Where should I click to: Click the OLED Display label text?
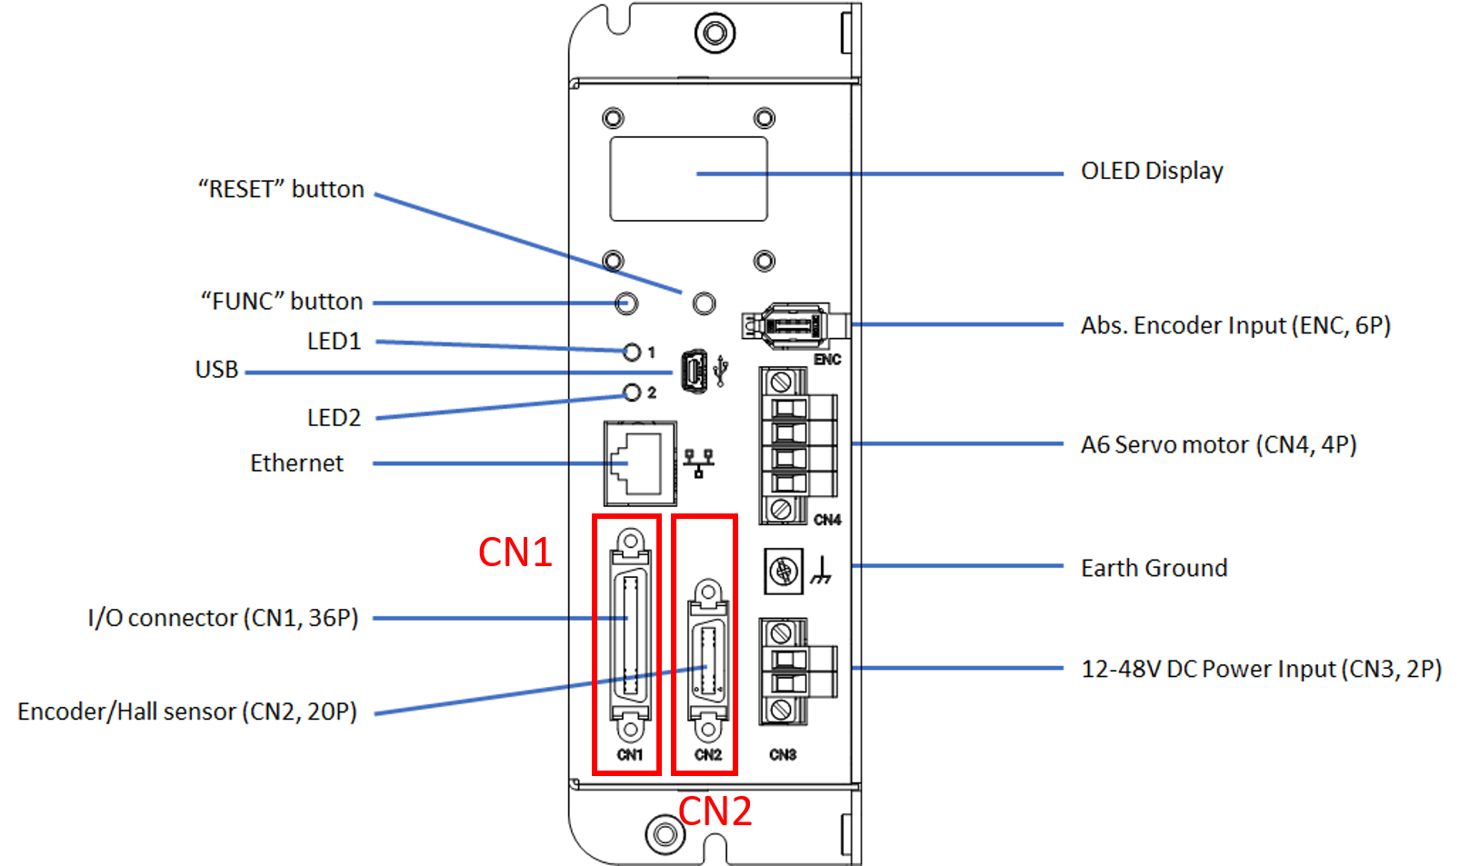pyautogui.click(x=1151, y=171)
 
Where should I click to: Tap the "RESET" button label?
pyautogui.click(x=281, y=189)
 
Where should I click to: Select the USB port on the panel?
pyautogui.click(x=694, y=372)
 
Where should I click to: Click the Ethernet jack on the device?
pyautogui.click(x=640, y=463)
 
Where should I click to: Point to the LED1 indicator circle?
pyautogui.click(x=632, y=352)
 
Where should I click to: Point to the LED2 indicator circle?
pyautogui.click(x=632, y=393)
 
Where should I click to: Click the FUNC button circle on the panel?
pyautogui.click(x=626, y=303)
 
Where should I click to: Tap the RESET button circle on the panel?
pyautogui.click(x=704, y=303)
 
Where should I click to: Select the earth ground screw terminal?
pyautogui.click(x=783, y=572)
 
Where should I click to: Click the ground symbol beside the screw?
pyautogui.click(x=821, y=571)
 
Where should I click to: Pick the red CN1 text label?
pyautogui.click(x=515, y=552)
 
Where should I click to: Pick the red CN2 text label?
pyautogui.click(x=715, y=811)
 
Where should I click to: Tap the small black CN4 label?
pyautogui.click(x=827, y=520)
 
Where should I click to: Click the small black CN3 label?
pyautogui.click(x=783, y=755)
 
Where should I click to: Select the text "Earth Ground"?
pyautogui.click(x=1154, y=568)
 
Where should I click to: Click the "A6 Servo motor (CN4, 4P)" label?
pyautogui.click(x=1218, y=444)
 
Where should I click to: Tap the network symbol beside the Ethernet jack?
pyautogui.click(x=698, y=463)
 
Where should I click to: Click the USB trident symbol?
pyautogui.click(x=722, y=371)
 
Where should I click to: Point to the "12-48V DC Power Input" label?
pyautogui.click(x=1261, y=669)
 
